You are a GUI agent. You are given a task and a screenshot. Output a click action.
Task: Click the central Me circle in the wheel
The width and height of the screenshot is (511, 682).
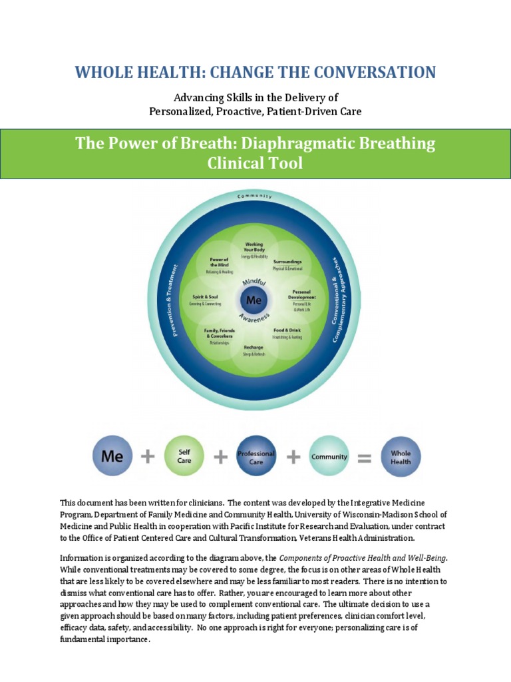pyautogui.click(x=254, y=300)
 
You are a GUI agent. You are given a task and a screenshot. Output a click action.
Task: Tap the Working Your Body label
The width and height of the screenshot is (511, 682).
pyautogui.click(x=254, y=247)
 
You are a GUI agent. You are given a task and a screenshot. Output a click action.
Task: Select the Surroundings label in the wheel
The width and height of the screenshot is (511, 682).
pyautogui.click(x=287, y=262)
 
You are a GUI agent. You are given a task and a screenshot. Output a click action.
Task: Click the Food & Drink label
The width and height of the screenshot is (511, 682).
pyautogui.click(x=287, y=330)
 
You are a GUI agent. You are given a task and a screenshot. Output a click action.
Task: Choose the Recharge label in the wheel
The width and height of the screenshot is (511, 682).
pyautogui.click(x=254, y=347)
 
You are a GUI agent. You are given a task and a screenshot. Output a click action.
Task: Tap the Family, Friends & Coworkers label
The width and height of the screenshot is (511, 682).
pyautogui.click(x=218, y=333)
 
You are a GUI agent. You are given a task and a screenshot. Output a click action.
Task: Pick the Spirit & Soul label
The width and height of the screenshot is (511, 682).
pyautogui.click(x=205, y=297)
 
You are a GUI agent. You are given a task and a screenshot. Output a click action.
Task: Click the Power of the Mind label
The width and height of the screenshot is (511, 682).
pyautogui.click(x=219, y=262)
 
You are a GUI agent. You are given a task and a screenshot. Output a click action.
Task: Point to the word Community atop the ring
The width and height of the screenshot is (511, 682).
pyautogui.click(x=254, y=196)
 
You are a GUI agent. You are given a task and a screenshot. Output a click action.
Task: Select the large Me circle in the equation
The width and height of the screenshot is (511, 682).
pyautogui.click(x=112, y=456)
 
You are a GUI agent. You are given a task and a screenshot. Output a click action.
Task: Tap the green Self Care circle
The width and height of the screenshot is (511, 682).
pyautogui.click(x=184, y=456)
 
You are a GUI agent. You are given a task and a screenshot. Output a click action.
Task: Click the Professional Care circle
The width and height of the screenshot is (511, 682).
pyautogui.click(x=256, y=456)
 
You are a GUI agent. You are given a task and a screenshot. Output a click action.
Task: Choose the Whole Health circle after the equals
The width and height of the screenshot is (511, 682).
pyautogui.click(x=401, y=456)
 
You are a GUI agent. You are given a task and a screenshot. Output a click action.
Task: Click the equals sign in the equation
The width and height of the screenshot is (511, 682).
pyautogui.click(x=364, y=457)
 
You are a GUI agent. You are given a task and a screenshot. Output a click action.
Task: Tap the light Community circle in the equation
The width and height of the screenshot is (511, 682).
pyautogui.click(x=329, y=456)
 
